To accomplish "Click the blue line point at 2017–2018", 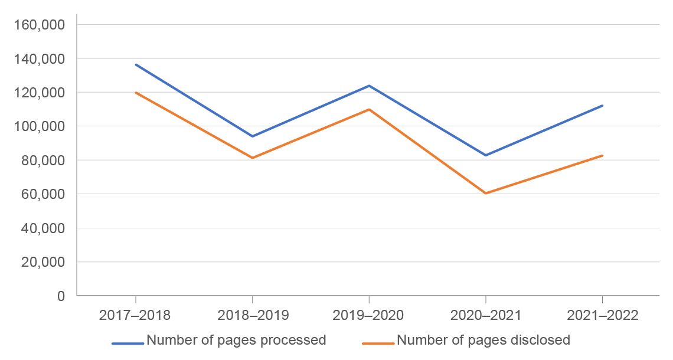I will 136,64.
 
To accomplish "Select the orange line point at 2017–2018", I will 136,93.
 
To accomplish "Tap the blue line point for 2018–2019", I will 253,136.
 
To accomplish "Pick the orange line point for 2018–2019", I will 253,158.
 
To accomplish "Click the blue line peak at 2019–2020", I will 369,86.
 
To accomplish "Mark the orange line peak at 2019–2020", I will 369,109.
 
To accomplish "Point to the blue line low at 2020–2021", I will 486,155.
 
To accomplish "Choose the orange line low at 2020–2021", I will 486,193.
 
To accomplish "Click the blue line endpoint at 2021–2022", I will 602,106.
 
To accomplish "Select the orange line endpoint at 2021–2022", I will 602,155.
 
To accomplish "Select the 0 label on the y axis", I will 61,296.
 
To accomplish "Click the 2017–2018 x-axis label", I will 135,315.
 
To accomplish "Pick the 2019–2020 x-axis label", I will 369,315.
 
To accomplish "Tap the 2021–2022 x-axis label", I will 602,315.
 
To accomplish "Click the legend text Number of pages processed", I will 236,340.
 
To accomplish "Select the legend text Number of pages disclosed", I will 483,340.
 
